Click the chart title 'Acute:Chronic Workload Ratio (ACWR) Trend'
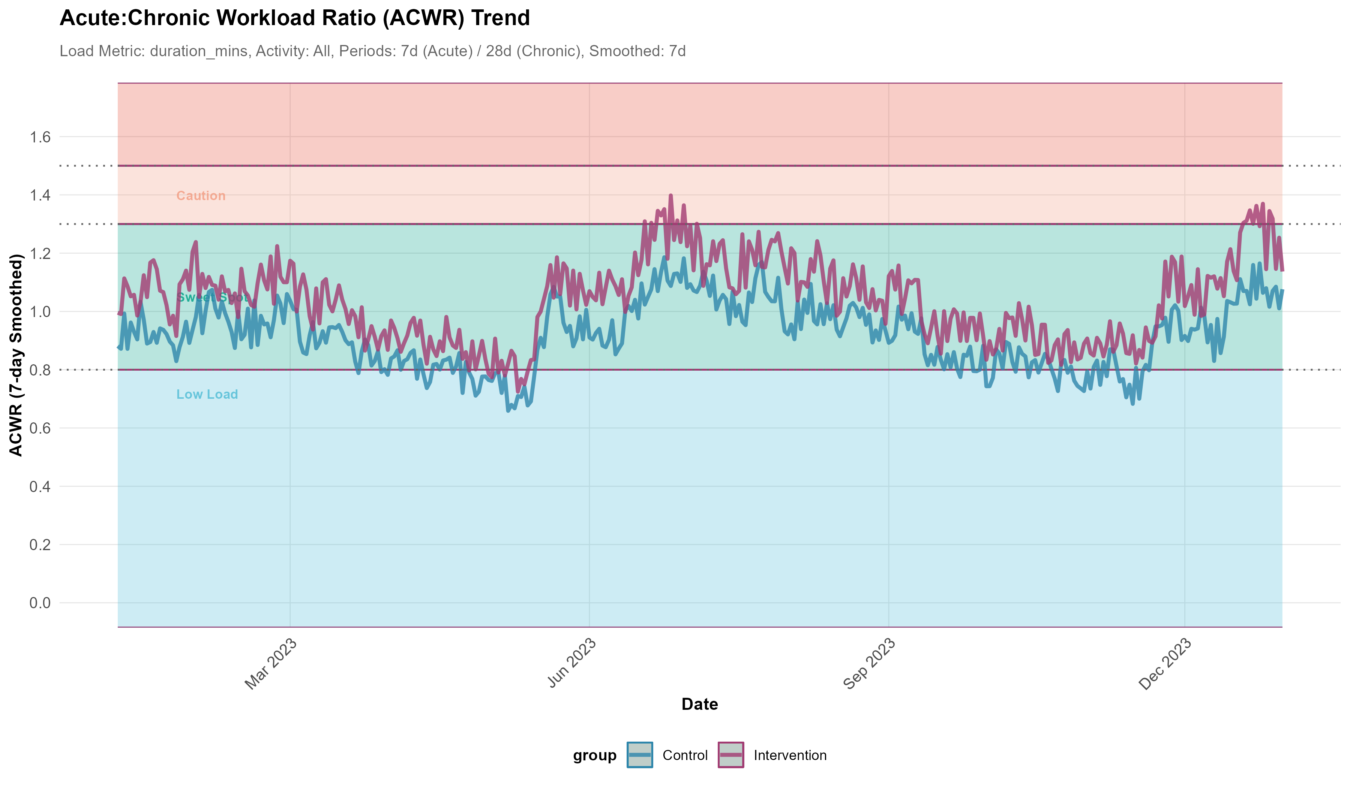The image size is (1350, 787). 295,18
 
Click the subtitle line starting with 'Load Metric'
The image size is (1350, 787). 372,51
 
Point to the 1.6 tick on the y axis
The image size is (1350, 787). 40,137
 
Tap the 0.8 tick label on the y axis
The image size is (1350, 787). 40,370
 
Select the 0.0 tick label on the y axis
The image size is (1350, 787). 40,603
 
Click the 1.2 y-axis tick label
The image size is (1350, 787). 40,253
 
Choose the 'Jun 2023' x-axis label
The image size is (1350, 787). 571,664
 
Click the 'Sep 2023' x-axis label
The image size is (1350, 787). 869,664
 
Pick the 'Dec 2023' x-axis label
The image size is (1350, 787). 1165,664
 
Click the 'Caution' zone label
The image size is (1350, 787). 201,196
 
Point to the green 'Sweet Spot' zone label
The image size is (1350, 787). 211,298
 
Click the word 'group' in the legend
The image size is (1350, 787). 595,756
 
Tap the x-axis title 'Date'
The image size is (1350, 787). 700,704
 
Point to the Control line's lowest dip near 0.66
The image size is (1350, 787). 508,411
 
